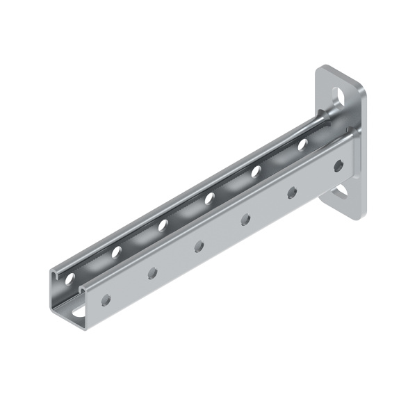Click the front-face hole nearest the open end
[x=106, y=300]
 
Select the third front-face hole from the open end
[x=199, y=246]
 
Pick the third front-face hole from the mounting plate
[x=245, y=220]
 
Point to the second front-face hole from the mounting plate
[x=292, y=193]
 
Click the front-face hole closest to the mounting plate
[x=338, y=165]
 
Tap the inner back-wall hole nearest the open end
[x=69, y=279]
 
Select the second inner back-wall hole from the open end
[x=116, y=252]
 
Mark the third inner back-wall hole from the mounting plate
[x=209, y=199]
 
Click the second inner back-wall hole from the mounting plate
[x=256, y=171]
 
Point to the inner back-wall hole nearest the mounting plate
[x=302, y=145]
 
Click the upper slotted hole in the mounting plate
[x=338, y=94]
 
